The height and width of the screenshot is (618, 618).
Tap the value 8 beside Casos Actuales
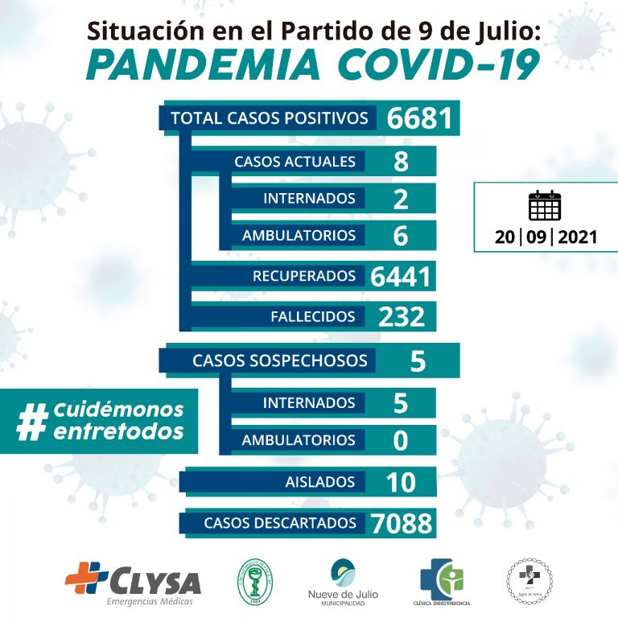tap(401, 161)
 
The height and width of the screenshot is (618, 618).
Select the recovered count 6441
tap(401, 276)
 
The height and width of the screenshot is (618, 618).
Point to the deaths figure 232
tap(401, 316)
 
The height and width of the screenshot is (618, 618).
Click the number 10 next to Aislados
tap(400, 482)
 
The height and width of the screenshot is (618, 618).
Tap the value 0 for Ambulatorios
tap(401, 440)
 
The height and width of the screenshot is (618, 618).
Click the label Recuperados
tap(304, 276)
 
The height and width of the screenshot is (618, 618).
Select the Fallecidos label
tap(313, 316)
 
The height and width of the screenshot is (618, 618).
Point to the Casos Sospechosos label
tap(279, 360)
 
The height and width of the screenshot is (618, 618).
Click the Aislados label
tap(319, 482)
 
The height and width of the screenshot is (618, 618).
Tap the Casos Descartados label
tap(279, 523)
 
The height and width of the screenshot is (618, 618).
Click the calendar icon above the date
tap(545, 205)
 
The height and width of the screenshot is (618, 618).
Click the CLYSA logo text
tap(153, 580)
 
